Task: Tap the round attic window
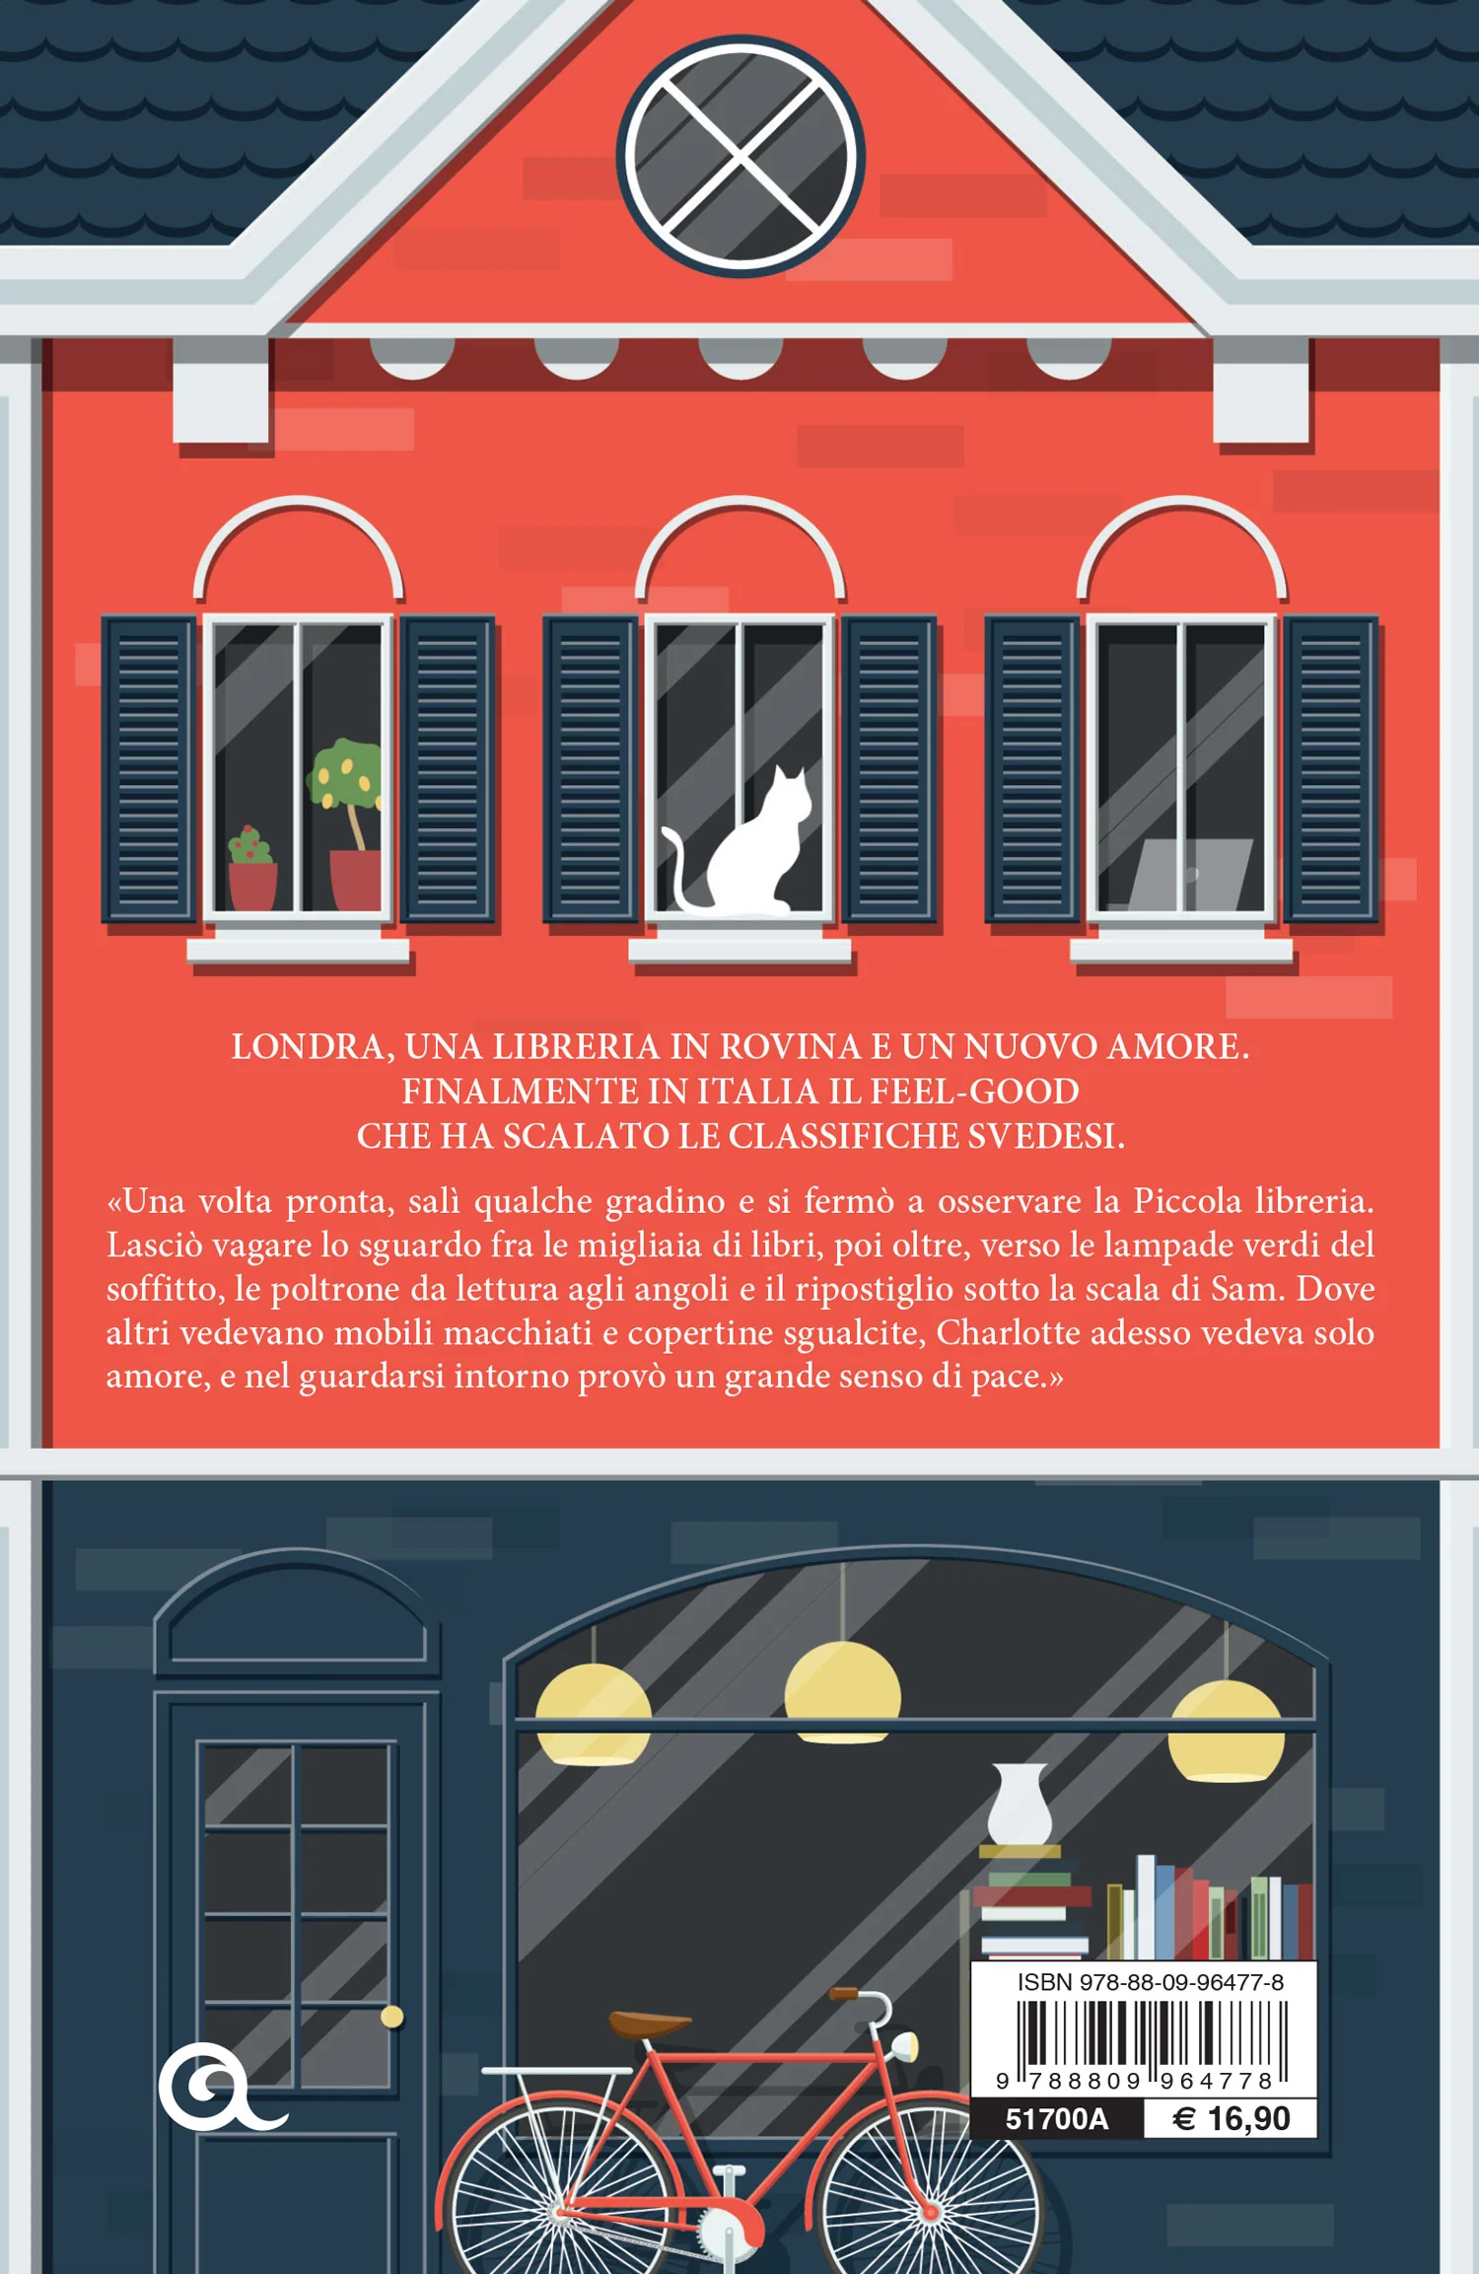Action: click(740, 156)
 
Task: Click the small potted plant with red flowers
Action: click(252, 868)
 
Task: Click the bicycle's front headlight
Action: click(904, 2048)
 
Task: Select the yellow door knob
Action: click(392, 2017)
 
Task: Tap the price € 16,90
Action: click(1232, 2119)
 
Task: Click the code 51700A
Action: click(1056, 2119)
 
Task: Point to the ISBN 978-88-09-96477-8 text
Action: click(1150, 1982)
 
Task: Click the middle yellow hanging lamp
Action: click(842, 1692)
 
